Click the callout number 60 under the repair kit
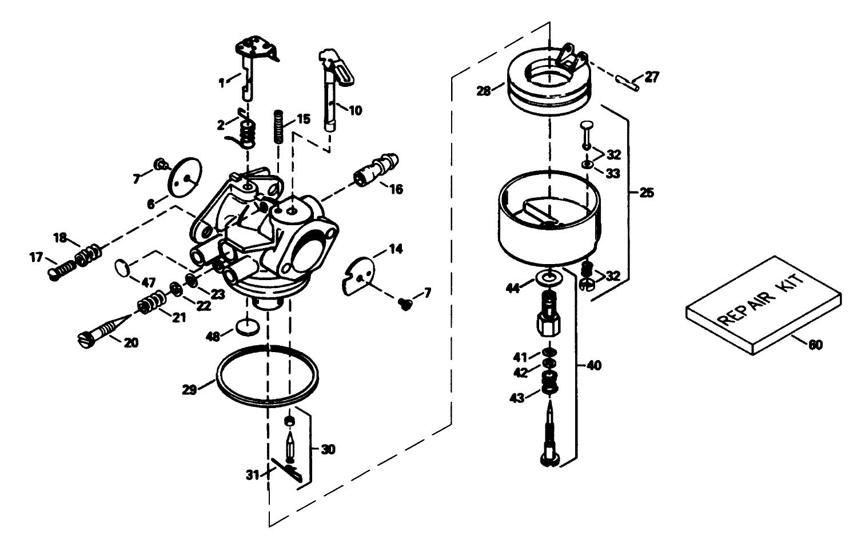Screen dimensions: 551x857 pyautogui.click(x=816, y=345)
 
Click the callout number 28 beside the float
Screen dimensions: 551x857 pyautogui.click(x=484, y=91)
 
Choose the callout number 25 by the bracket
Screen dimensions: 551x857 pyautogui.click(x=646, y=193)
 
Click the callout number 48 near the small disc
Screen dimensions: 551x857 pyautogui.click(x=213, y=337)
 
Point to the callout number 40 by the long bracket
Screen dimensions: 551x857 pyautogui.click(x=594, y=365)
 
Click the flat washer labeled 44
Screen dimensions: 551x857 pyautogui.click(x=549, y=278)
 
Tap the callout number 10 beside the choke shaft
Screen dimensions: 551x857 pyautogui.click(x=355, y=110)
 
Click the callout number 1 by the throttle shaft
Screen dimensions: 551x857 pyautogui.click(x=222, y=83)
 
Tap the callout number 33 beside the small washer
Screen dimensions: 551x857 pyautogui.click(x=613, y=173)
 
